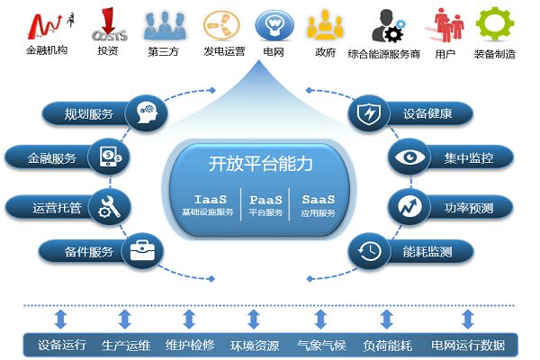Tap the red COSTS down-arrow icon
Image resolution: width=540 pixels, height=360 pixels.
[108, 22]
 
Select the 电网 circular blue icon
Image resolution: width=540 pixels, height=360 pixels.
[271, 22]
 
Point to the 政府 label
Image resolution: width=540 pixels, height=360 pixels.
[326, 52]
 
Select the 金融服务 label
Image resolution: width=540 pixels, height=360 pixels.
[54, 158]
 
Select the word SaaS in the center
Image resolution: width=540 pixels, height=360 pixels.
[319, 198]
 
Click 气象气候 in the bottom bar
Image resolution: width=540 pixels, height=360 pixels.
[321, 345]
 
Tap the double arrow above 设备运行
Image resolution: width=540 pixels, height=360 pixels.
[62, 319]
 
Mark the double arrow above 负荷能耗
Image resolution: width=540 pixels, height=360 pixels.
[387, 319]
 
